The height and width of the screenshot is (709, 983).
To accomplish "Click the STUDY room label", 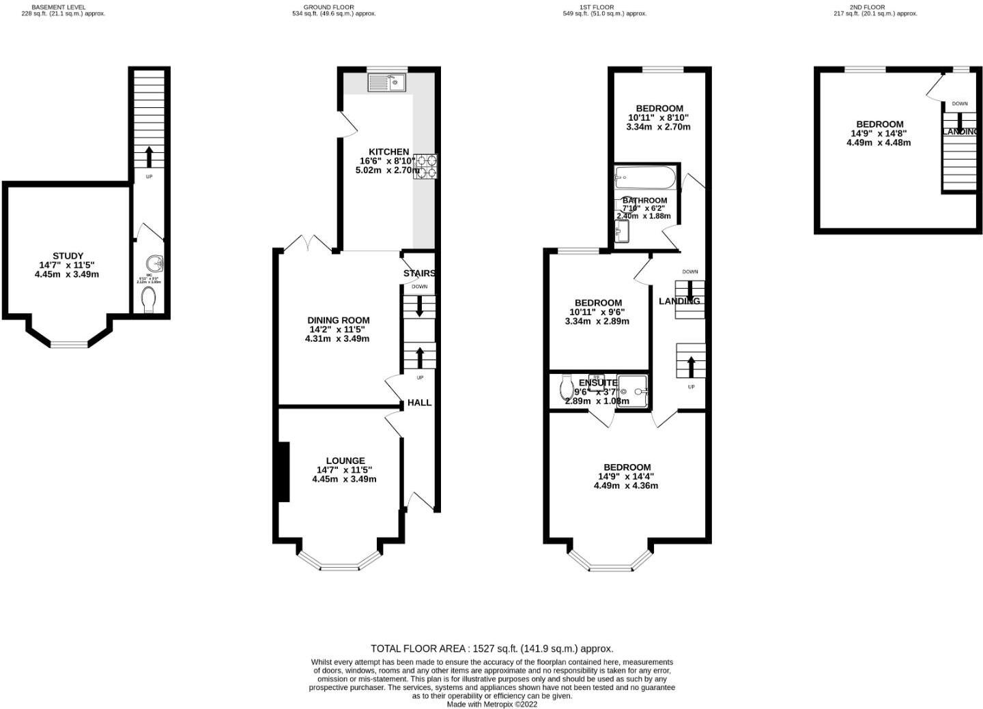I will (68, 257).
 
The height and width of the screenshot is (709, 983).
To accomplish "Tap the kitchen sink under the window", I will (386, 83).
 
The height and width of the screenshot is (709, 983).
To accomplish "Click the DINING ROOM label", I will (339, 320).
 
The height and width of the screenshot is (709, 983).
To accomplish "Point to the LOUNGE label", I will (345, 461).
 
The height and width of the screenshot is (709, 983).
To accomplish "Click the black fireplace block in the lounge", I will (282, 472).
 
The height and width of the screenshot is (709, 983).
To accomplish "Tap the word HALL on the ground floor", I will (419, 403).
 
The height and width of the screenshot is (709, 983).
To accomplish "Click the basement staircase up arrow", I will (148, 156).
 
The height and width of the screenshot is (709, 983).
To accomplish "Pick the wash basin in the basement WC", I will (156, 262).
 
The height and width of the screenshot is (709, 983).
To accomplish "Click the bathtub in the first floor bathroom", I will (645, 179).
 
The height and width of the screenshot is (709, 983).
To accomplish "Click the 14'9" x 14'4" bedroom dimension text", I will (627, 477).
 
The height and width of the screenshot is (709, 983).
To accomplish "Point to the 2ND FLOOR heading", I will (868, 7).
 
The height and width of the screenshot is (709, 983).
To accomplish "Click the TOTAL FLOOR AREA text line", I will (491, 649).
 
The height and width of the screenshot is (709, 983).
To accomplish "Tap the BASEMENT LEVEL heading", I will (59, 7).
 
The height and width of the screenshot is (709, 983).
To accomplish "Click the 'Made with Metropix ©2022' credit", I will (491, 704).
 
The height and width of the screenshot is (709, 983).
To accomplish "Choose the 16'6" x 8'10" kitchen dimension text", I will (388, 161).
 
